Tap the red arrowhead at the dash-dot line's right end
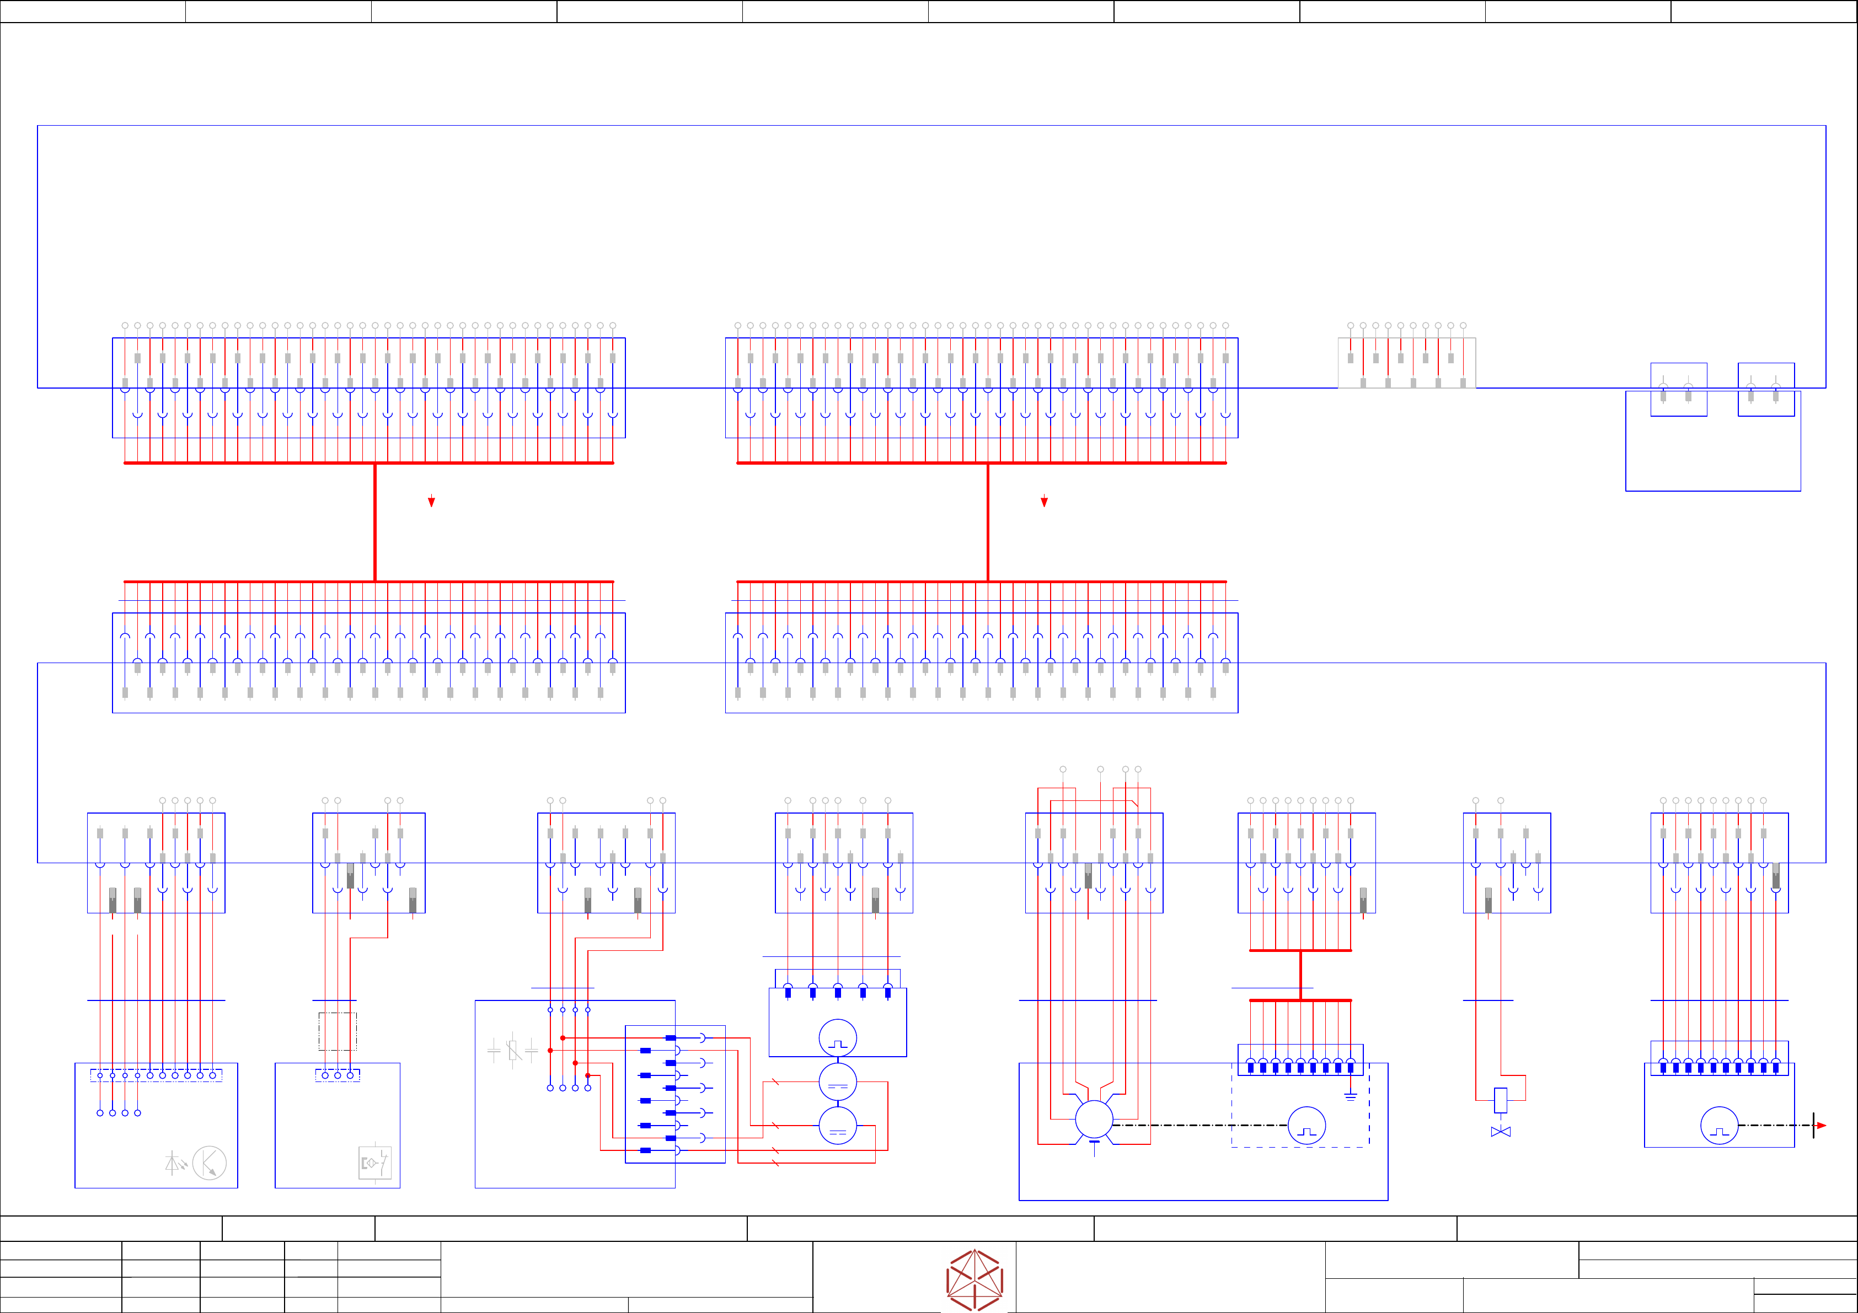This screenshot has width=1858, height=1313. pyautogui.click(x=1821, y=1126)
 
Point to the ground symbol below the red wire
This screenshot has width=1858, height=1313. pyautogui.click(x=1350, y=1097)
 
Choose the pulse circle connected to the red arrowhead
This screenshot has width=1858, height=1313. pyautogui.click(x=1719, y=1126)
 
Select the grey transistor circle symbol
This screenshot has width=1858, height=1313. pyautogui.click(x=210, y=1163)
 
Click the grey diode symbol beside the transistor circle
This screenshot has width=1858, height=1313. pyautogui.click(x=173, y=1163)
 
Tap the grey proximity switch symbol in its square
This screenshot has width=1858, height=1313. pyautogui.click(x=374, y=1163)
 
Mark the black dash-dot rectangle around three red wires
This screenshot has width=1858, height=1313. pyautogui.click(x=338, y=1031)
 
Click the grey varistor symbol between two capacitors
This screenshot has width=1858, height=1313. pyautogui.click(x=513, y=1051)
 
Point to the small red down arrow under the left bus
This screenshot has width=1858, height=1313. pyautogui.click(x=431, y=502)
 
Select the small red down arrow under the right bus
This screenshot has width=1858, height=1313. pyautogui.click(x=1044, y=502)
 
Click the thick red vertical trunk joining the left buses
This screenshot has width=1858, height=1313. pyautogui.click(x=374, y=522)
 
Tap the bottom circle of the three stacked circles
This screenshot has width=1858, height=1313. pyautogui.click(x=838, y=1126)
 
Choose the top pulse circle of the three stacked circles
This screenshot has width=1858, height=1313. pyautogui.click(x=838, y=1038)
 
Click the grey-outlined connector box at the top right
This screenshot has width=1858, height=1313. pyautogui.click(x=1406, y=363)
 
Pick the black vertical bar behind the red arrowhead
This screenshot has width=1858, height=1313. pyautogui.click(x=1813, y=1126)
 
